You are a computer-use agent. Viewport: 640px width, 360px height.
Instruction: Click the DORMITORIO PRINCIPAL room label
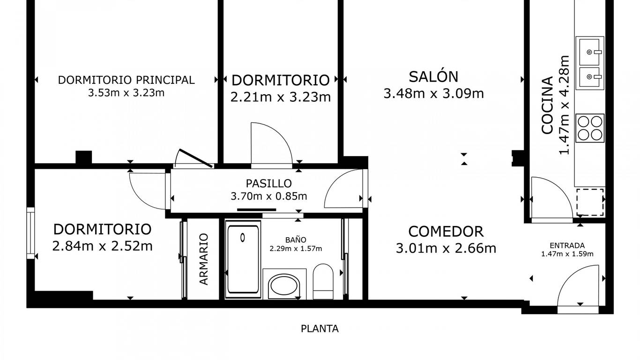coord(127,80)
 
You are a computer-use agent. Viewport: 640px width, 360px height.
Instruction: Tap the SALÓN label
coord(433,76)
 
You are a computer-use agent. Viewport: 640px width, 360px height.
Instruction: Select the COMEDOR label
coord(446,232)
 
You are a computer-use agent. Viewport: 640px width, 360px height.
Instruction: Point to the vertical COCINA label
coord(547,105)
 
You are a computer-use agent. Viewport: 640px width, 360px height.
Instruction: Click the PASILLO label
coord(268,183)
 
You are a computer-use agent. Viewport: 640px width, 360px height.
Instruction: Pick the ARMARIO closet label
coord(204,259)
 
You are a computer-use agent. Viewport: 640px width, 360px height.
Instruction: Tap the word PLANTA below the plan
coord(320,329)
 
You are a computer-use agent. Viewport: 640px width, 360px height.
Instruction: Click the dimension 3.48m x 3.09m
coord(433,93)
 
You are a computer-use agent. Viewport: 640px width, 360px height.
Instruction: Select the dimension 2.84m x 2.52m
coord(102,246)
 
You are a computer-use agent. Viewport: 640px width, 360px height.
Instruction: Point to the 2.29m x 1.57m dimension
coord(296,249)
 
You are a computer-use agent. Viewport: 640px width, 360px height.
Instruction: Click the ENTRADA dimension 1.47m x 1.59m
coord(567,254)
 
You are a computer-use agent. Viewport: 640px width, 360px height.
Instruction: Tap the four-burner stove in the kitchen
coord(590,128)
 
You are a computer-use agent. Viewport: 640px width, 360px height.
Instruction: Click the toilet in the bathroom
coord(323,282)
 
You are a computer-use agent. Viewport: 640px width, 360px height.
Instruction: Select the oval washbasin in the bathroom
coord(284,285)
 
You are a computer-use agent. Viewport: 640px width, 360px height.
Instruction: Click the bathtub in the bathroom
coord(243,260)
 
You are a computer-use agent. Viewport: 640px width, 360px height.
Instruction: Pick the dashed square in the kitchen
coord(590,202)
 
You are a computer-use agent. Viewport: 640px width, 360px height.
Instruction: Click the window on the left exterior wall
coord(30,233)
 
